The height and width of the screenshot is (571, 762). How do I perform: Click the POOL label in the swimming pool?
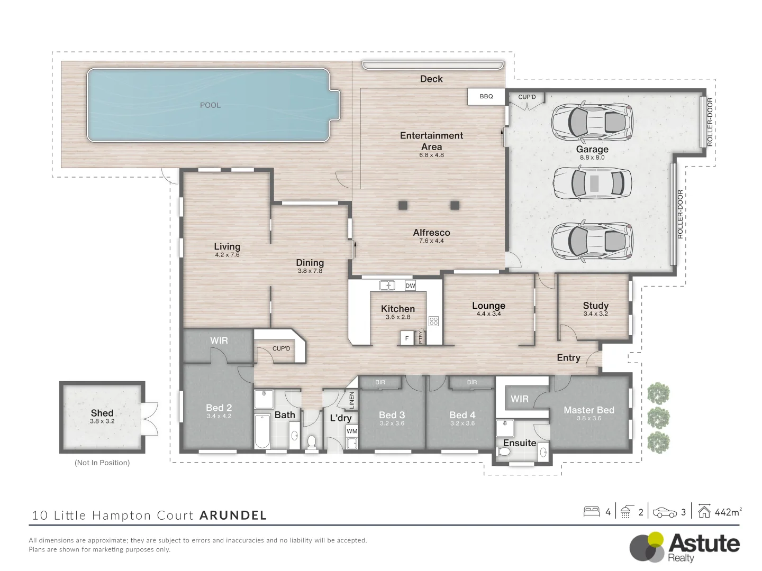[210, 105]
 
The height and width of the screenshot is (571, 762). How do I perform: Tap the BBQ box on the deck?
[486, 96]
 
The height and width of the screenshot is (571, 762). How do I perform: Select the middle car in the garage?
[592, 183]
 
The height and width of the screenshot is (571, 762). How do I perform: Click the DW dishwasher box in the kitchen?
[410, 285]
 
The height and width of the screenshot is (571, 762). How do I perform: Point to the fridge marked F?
[406, 338]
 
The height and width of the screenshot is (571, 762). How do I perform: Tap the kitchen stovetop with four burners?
[433, 321]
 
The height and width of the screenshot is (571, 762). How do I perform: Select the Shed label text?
[102, 413]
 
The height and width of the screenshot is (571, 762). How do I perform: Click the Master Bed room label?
[588, 410]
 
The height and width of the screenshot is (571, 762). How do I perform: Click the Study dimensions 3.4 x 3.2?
[595, 314]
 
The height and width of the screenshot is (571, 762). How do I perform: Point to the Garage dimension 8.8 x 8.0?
[592, 158]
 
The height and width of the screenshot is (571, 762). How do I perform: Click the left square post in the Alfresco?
[403, 205]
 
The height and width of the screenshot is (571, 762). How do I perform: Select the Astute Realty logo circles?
[647, 546]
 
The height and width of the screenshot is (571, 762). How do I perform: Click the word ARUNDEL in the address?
[233, 515]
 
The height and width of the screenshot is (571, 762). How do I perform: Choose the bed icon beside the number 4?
[591, 512]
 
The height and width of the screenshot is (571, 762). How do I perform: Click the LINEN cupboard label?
[352, 400]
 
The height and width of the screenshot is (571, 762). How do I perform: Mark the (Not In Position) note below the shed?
[102, 463]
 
